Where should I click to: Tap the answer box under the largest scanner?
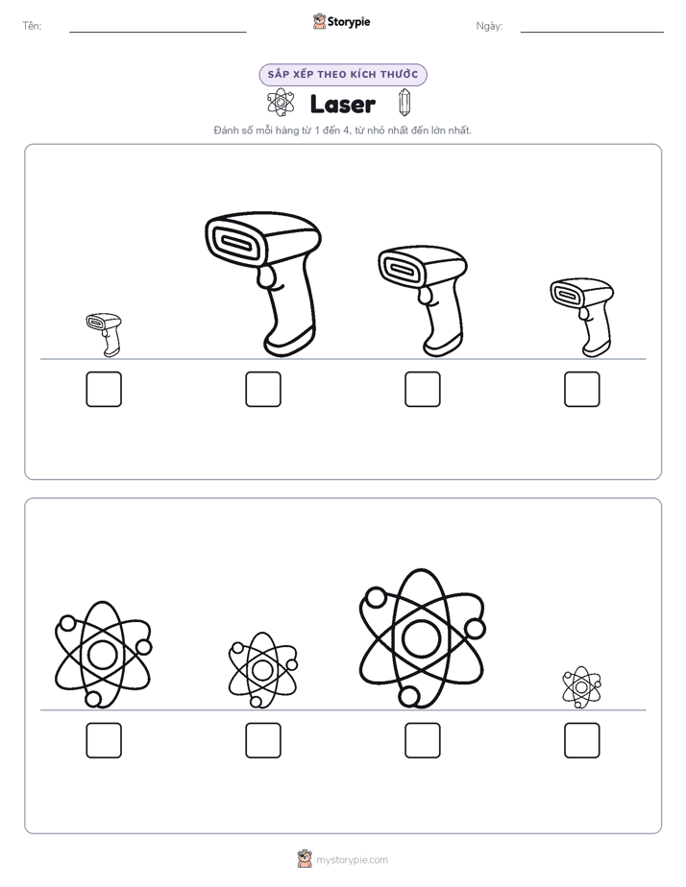coord(263,389)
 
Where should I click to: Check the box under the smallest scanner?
coord(104,389)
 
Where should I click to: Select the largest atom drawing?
coord(422,638)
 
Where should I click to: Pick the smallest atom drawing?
coord(581,687)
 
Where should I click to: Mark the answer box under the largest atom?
coord(423,740)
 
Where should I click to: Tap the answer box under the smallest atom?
coord(582,740)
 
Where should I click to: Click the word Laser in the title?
coord(342,104)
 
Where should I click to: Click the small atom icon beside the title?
coord(281,103)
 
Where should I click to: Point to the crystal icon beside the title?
coord(404,103)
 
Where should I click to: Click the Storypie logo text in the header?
coord(349,21)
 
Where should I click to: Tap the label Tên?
coord(32,26)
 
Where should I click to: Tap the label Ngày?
coord(489,26)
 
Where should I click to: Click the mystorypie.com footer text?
coord(352,860)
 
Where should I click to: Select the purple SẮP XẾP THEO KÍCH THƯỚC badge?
coord(343,75)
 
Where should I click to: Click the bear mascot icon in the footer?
coord(305,859)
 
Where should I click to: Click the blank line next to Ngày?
coord(592,33)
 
